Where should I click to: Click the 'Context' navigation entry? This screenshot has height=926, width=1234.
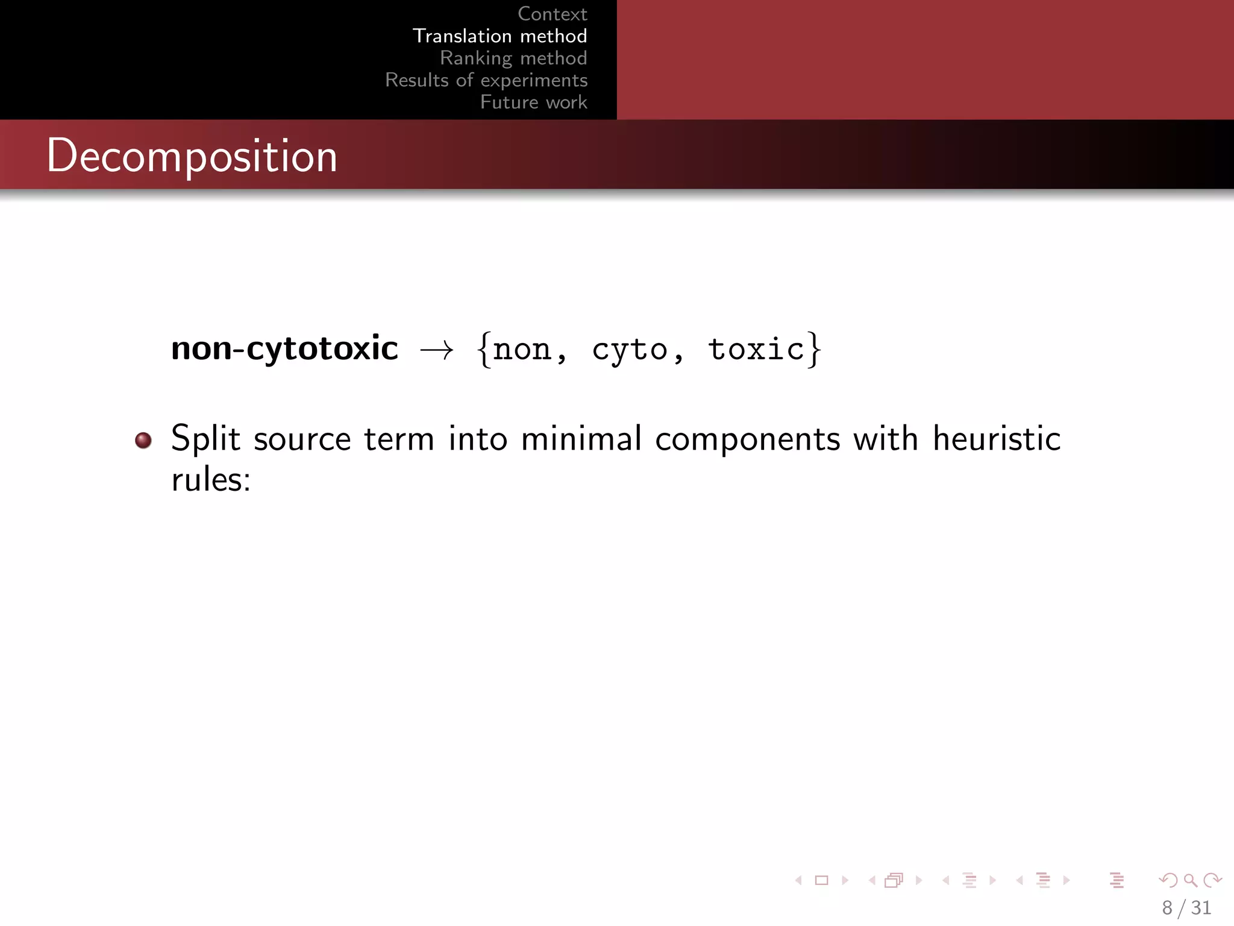coord(552,14)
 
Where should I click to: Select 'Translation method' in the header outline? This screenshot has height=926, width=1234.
coord(500,36)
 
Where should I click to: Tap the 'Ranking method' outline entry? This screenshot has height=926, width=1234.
coord(513,58)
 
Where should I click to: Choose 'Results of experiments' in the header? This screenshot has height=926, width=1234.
coord(486,80)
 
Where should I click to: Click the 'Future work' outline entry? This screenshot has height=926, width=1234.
coord(533,102)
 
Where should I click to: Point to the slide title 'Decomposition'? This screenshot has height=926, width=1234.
coord(192,156)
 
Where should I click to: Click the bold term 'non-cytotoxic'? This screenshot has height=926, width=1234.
coord(284,348)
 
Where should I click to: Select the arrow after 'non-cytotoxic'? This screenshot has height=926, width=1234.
coord(437,350)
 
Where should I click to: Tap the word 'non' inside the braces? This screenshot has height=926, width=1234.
coord(522,350)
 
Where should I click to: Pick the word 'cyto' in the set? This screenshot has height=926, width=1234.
coord(629,350)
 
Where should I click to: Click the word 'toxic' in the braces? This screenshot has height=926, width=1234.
coord(756,350)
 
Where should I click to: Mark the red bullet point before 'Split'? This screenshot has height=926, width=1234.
coord(143,440)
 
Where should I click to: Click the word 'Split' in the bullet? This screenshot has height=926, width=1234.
coord(205,438)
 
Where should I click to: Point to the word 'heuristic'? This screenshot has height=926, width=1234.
coord(997,438)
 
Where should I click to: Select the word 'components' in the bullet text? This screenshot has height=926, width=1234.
coord(747,439)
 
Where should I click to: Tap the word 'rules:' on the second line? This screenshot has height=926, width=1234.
coord(210,480)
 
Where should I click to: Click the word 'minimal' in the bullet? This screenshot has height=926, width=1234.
coord(581,438)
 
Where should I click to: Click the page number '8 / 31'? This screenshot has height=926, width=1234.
coord(1186,907)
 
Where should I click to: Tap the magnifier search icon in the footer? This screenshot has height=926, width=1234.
coord(1190,881)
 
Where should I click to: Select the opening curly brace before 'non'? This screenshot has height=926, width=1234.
coord(483,350)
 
